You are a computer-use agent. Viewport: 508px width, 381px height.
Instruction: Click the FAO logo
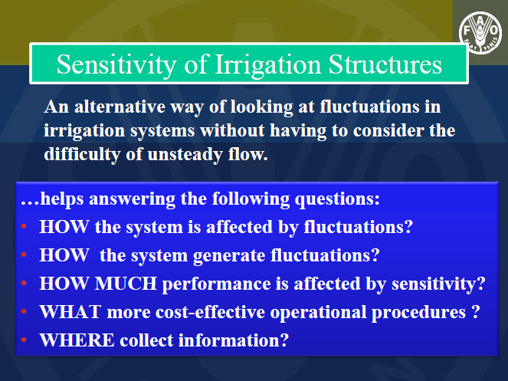coord(480,33)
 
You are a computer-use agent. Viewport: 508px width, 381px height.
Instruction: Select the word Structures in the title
coord(385,64)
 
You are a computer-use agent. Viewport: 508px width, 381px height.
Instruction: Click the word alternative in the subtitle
coord(120,107)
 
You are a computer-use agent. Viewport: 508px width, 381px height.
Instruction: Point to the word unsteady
coord(185,154)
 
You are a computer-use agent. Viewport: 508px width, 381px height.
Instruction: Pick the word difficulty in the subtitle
coord(82,154)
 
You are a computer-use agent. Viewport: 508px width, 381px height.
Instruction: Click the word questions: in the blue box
coord(337,199)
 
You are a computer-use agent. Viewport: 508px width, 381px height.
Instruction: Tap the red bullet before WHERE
coord(24,340)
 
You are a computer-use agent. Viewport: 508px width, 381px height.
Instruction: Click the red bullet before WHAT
coord(24,311)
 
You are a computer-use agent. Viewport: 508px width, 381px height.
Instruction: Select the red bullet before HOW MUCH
coord(24,283)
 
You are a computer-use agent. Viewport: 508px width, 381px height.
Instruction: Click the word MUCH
coord(126,284)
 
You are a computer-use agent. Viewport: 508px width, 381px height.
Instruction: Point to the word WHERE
coord(77,340)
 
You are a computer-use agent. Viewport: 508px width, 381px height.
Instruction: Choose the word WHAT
coord(70,312)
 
